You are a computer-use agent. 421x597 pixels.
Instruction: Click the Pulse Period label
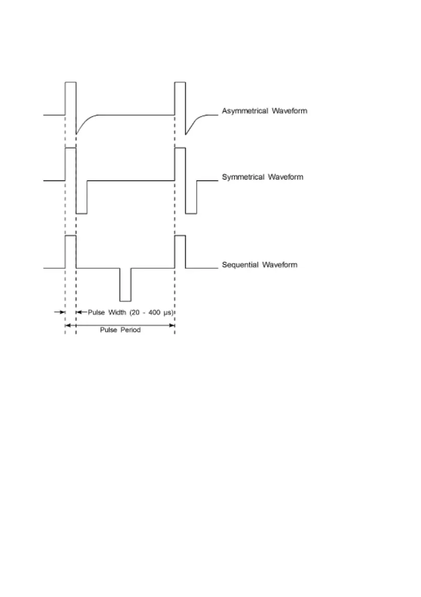tap(120, 331)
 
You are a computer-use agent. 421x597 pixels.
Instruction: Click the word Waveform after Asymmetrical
tap(290, 111)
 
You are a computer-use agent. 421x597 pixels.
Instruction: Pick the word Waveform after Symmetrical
tap(286, 177)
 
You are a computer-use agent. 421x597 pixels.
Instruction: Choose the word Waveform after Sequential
tap(279, 265)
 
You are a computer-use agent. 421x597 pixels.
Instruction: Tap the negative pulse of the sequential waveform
tap(125, 286)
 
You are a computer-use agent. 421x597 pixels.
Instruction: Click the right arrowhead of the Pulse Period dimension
tap(172, 325)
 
